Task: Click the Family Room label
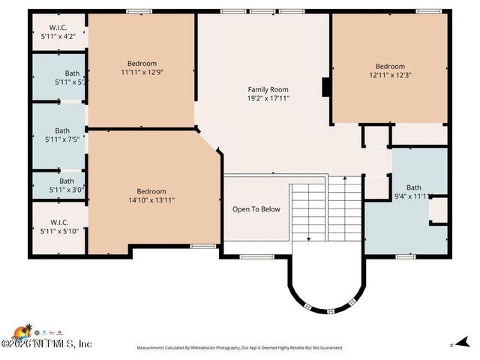pos(268,89)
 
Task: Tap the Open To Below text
pos(256,209)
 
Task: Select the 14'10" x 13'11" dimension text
pos(151,200)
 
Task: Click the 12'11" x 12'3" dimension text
pos(390,75)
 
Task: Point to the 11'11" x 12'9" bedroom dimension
pos(142,73)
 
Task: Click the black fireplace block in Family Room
pos(326,87)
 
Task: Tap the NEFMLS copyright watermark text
pos(49,343)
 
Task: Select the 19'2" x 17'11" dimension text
pos(268,98)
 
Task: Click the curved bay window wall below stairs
pos(325,304)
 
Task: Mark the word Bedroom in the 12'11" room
pos(390,66)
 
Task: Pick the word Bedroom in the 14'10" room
pos(151,191)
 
